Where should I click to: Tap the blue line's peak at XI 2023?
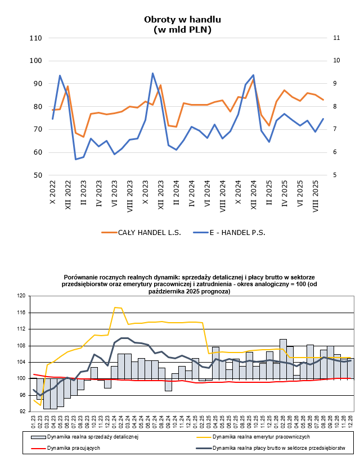(x=152, y=73)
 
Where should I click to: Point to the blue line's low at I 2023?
(x=76, y=160)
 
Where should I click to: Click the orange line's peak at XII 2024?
(x=253, y=80)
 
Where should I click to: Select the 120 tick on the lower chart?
(x=22, y=296)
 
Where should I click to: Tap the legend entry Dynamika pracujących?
(x=74, y=449)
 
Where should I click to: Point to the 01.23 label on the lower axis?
(x=34, y=421)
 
